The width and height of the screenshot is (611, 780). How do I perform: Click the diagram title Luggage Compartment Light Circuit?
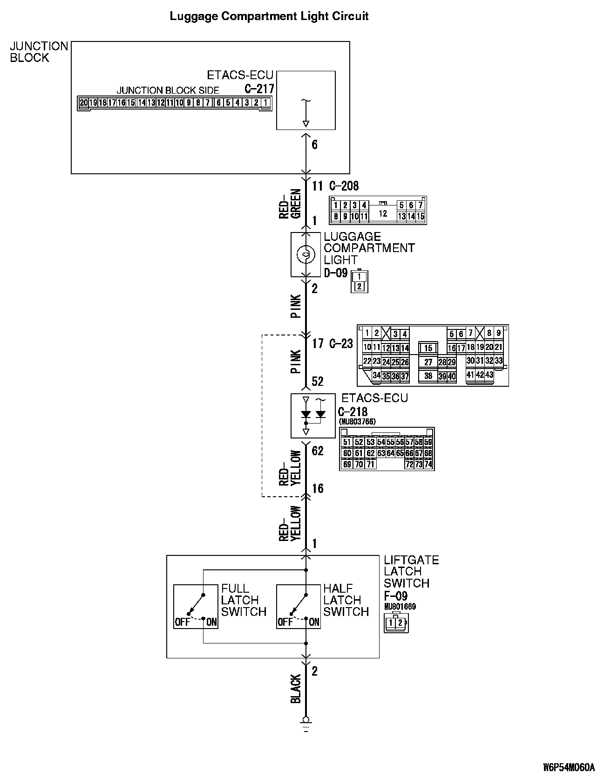269,16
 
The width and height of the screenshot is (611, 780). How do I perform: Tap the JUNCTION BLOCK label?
39,52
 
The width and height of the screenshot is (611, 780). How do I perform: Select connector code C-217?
259,89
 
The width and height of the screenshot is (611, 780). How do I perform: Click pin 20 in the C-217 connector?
83,103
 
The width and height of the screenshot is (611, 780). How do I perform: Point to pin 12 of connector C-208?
383,214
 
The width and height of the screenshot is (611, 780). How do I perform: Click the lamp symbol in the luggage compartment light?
305,254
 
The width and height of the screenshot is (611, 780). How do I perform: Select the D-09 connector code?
336,273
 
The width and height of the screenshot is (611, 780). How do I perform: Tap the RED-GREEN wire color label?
291,204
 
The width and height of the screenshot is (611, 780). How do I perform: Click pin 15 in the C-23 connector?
428,348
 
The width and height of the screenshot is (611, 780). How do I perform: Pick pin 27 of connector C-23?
428,362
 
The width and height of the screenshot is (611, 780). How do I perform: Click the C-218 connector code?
353,412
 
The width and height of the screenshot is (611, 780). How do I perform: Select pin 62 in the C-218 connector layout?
370,453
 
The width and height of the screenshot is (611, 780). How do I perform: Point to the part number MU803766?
357,422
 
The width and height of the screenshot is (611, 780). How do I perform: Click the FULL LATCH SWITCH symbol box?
196,606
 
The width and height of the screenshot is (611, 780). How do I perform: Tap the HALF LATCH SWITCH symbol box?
299,606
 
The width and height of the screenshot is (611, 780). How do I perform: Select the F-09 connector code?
395,596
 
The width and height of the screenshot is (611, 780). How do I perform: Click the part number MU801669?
400,607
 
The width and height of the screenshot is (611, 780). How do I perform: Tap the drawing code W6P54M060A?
569,767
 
